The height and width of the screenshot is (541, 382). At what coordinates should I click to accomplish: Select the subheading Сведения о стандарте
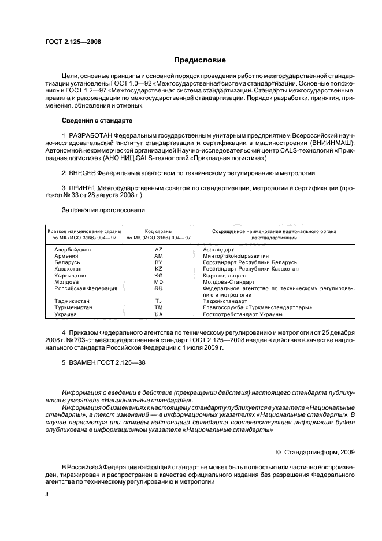(97, 120)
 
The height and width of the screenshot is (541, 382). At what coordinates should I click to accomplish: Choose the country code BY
(158, 262)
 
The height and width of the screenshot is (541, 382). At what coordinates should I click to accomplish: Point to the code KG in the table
(158, 276)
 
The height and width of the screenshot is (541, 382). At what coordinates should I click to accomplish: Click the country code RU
(158, 288)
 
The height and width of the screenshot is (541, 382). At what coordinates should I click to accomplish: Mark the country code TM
(158, 307)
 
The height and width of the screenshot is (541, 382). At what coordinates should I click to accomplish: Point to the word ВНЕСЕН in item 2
(82, 173)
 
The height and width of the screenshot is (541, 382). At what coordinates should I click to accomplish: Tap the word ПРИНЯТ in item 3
(83, 188)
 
